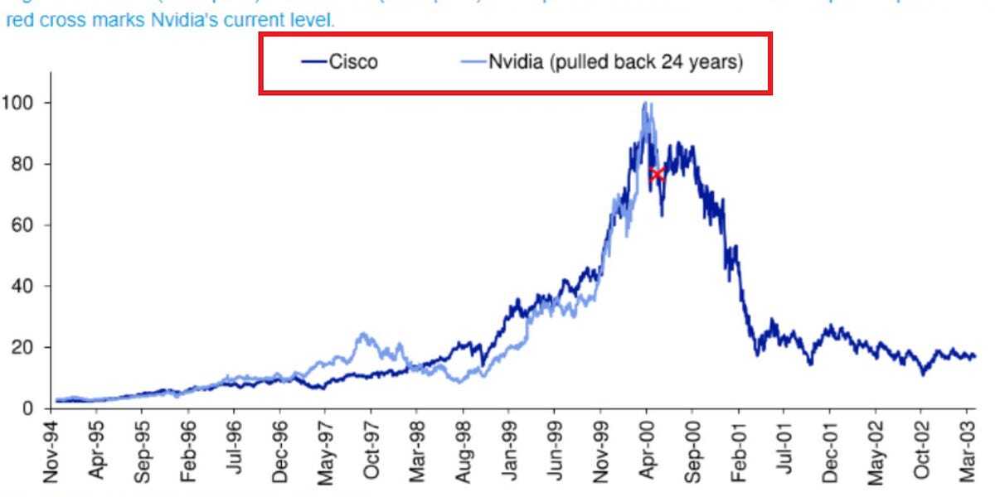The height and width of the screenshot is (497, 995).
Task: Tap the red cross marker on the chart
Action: point(657,174)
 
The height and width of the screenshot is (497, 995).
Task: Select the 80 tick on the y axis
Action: point(20,164)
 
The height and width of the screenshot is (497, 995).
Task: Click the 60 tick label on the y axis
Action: point(20,225)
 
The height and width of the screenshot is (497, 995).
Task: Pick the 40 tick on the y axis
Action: point(20,287)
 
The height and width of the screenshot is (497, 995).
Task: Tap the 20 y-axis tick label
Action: point(20,348)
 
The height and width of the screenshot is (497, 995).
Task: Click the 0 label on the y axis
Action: point(27,408)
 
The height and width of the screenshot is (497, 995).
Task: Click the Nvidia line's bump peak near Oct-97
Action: point(362,335)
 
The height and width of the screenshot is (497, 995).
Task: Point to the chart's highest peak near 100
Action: point(646,104)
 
